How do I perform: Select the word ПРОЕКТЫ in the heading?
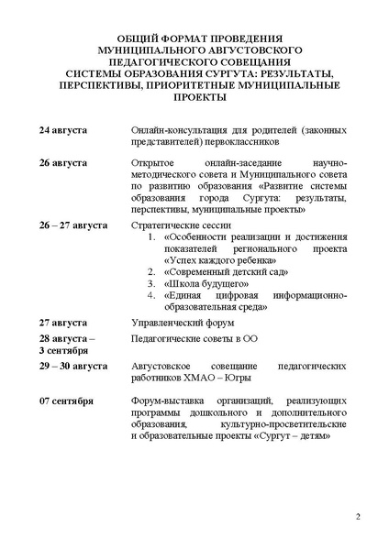pyautogui.click(x=194, y=95)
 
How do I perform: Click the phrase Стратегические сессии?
pyautogui.click(x=181, y=224)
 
